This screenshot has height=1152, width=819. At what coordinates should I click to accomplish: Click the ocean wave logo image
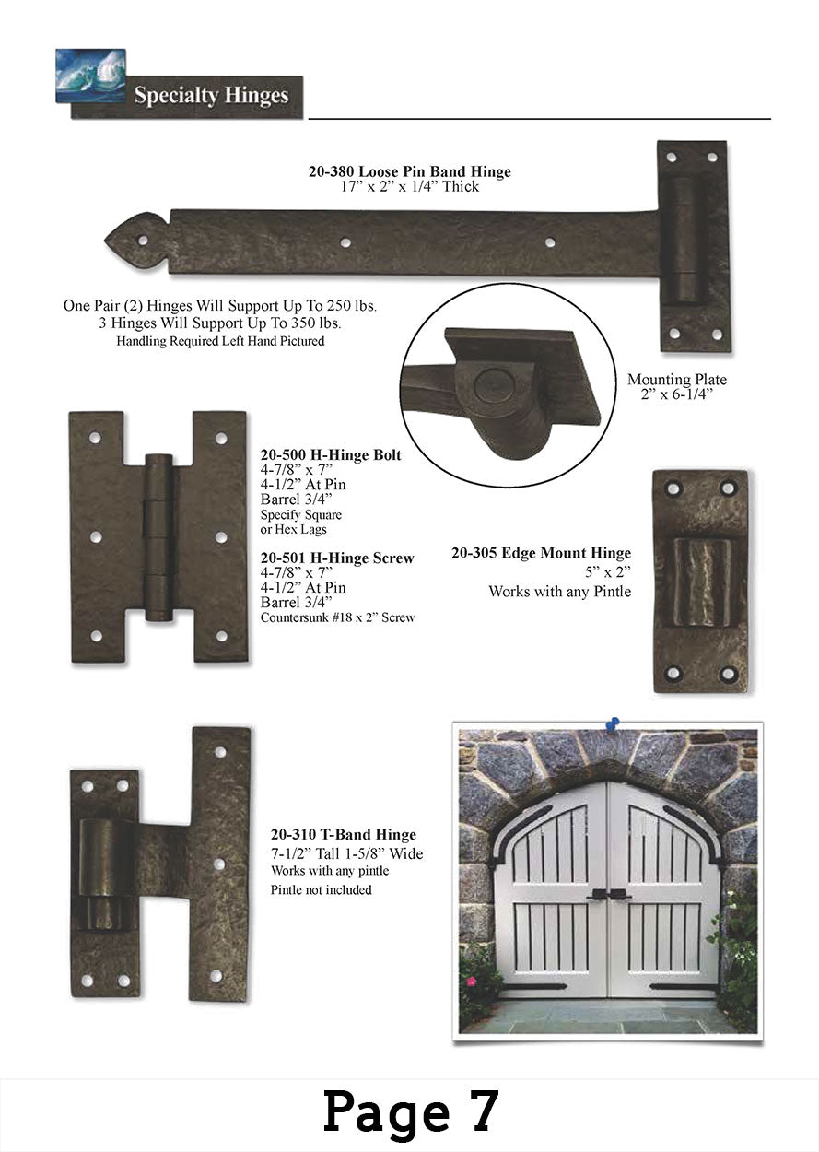90,75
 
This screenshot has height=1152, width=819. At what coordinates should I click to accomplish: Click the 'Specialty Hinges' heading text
211,96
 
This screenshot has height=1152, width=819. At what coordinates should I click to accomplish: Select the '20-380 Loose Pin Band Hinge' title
409,171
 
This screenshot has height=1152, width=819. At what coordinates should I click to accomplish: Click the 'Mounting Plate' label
676,379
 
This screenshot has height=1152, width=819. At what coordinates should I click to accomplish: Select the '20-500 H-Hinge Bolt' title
331,454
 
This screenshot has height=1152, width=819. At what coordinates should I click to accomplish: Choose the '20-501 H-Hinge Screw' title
337,558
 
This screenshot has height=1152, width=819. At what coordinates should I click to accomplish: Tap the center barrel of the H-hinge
158,537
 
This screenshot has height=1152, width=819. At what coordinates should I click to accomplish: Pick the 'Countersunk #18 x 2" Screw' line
337,617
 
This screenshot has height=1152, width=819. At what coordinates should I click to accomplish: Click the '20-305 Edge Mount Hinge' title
542,553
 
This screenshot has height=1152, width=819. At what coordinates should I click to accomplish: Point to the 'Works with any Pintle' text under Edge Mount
560,592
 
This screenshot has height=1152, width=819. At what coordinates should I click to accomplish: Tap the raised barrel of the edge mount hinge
702,582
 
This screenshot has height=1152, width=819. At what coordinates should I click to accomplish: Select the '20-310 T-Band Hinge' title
344,834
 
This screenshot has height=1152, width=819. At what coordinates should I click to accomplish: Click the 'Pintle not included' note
322,889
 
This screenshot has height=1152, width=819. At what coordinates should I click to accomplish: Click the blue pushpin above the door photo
613,724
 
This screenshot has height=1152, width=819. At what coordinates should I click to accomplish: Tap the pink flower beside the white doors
471,982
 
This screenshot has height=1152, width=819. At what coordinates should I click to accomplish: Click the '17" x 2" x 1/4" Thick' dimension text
410,186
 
